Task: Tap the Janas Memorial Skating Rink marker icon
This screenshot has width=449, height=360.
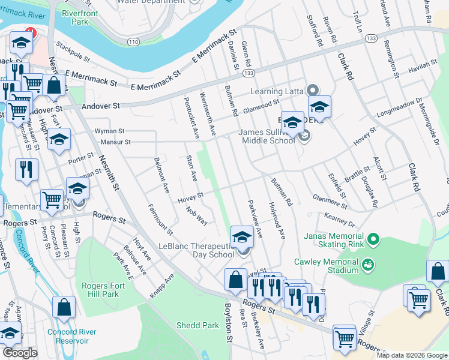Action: (373, 240)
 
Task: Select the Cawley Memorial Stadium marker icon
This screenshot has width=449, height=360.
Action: (367, 263)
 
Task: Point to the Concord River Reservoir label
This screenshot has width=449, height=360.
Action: (64, 336)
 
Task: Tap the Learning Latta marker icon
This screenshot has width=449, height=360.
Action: (312, 91)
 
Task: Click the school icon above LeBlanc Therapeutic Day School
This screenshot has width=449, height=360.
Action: (242, 236)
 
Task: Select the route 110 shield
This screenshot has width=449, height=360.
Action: (133, 41)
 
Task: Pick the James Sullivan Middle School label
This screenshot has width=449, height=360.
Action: (268, 136)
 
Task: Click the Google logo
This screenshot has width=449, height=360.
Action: (20, 353)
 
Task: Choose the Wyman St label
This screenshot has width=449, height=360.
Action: (109, 131)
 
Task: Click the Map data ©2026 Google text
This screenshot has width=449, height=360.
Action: (412, 355)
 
